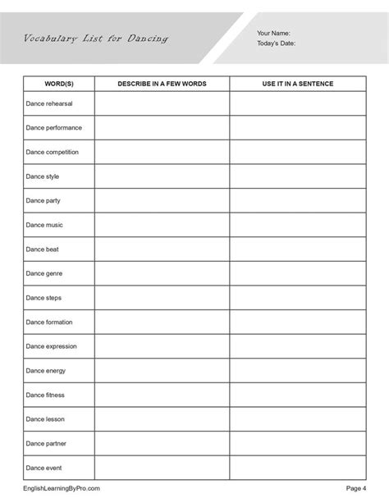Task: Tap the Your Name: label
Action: pyautogui.click(x=273, y=33)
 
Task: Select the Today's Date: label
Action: pyautogui.click(x=277, y=43)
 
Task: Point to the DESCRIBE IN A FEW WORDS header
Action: pyautogui.click(x=162, y=85)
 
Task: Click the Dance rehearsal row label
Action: pyautogui.click(x=52, y=103)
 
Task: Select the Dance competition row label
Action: pyautogui.click(x=53, y=152)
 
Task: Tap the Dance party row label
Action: pyautogui.click(x=43, y=200)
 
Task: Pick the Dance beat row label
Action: pyautogui.click(x=42, y=249)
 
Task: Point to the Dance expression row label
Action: pyautogui.click(x=51, y=346)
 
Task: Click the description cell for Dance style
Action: pyautogui.click(x=162, y=176)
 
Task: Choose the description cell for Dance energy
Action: pyautogui.click(x=162, y=370)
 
